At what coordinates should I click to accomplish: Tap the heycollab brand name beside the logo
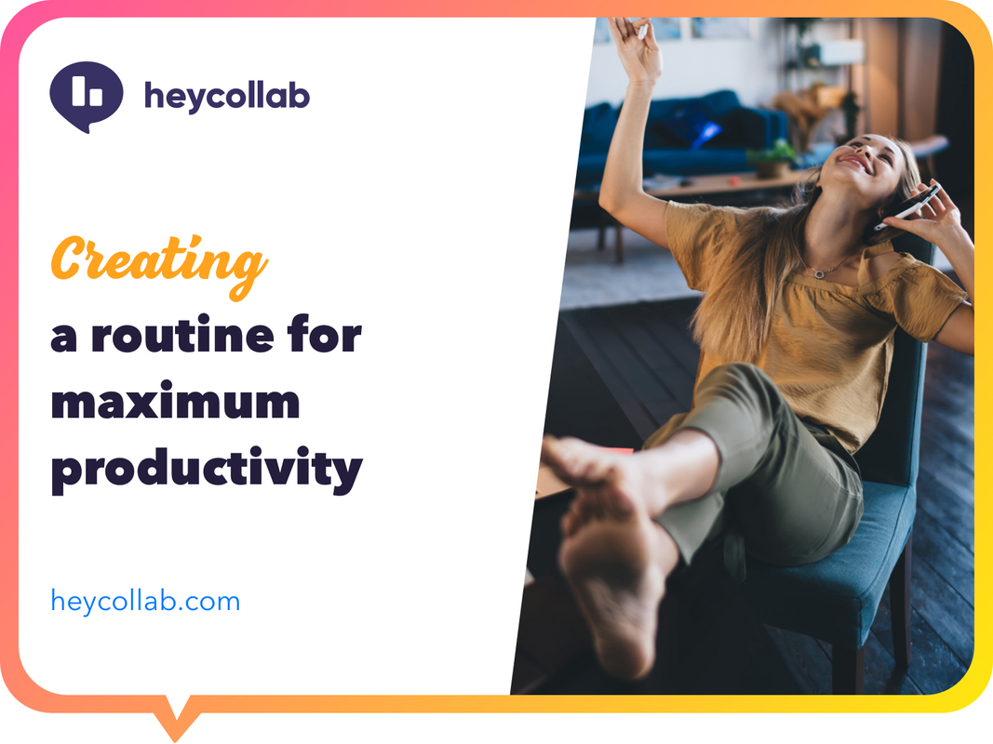coord(226,96)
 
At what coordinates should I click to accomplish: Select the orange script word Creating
coord(158,260)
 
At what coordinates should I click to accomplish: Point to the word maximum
coord(175,403)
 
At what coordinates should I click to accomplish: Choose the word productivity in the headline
coord(206,471)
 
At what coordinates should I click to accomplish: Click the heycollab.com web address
coord(145,601)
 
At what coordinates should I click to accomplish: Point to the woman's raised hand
coord(637,46)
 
